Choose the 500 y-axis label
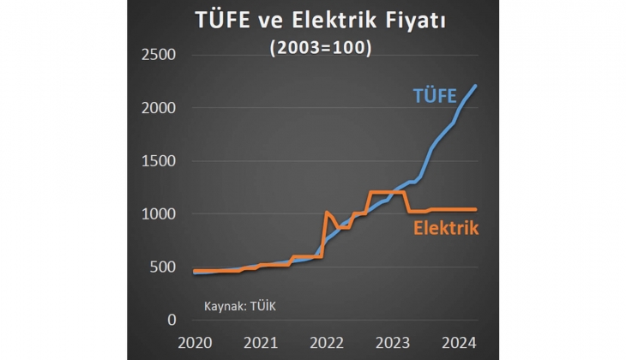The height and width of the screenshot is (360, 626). [x=162, y=267]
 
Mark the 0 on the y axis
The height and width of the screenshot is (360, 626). [x=171, y=320]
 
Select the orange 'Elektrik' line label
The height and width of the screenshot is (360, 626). [x=445, y=229]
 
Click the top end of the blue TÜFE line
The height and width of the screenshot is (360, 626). [x=477, y=86]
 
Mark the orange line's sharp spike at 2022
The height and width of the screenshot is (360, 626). [x=328, y=212]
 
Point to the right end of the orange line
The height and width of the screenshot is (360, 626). [x=476, y=209]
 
